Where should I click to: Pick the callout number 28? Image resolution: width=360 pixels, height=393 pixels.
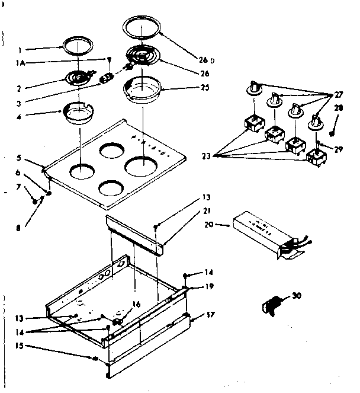coord(338,108)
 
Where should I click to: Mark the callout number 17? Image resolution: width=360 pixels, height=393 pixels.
coord(210,316)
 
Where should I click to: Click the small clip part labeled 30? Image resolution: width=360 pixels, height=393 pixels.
coord(272,305)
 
